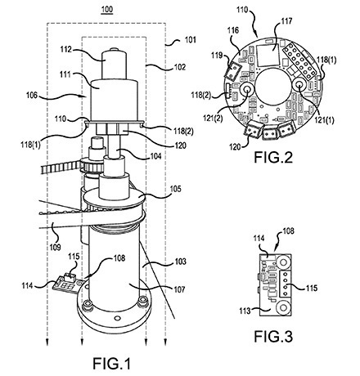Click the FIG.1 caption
111,364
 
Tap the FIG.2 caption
273,157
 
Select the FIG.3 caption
273,336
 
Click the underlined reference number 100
107,10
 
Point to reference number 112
66,50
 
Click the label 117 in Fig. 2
286,21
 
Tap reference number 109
55,247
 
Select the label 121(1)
324,120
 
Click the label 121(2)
213,118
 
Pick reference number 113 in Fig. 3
245,311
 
